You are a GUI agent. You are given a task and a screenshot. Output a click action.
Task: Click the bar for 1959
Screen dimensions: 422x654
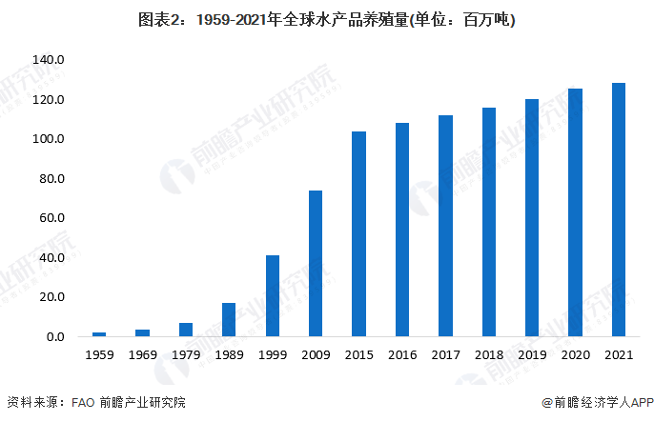(99, 334)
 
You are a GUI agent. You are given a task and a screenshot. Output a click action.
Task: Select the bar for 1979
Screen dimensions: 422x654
(186, 330)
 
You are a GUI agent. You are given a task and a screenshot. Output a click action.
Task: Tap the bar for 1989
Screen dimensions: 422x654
(229, 320)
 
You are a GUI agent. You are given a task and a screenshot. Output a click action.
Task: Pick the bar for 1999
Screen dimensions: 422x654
(273, 296)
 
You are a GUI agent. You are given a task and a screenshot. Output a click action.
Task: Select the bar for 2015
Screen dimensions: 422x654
(358, 234)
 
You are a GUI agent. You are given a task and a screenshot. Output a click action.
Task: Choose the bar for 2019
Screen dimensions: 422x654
(532, 218)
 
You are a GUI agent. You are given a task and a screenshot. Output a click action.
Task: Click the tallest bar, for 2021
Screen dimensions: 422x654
(619, 210)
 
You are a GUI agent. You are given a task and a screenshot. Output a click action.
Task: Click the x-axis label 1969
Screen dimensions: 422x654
(142, 354)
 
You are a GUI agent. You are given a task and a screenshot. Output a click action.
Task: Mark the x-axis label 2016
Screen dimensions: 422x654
(401, 354)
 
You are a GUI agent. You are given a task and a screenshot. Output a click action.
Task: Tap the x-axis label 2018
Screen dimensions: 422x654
(488, 354)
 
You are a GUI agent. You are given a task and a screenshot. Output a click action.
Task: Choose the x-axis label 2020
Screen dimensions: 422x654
(575, 354)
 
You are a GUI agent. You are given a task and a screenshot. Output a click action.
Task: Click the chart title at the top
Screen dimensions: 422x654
(327, 19)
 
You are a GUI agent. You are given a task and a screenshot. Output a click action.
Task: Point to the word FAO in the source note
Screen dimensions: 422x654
(82, 403)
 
